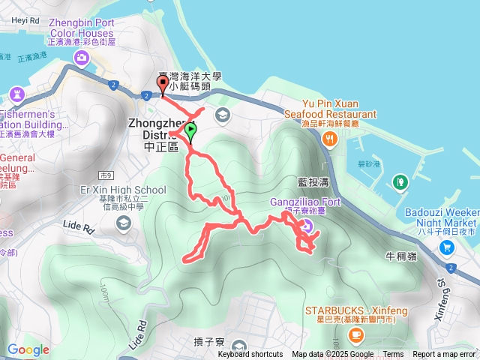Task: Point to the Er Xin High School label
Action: (x=123, y=190)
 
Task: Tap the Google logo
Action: (x=28, y=349)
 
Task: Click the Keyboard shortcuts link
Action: (x=250, y=355)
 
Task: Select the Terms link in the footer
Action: (x=393, y=355)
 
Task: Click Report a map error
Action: (x=444, y=355)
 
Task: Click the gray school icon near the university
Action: (x=222, y=115)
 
